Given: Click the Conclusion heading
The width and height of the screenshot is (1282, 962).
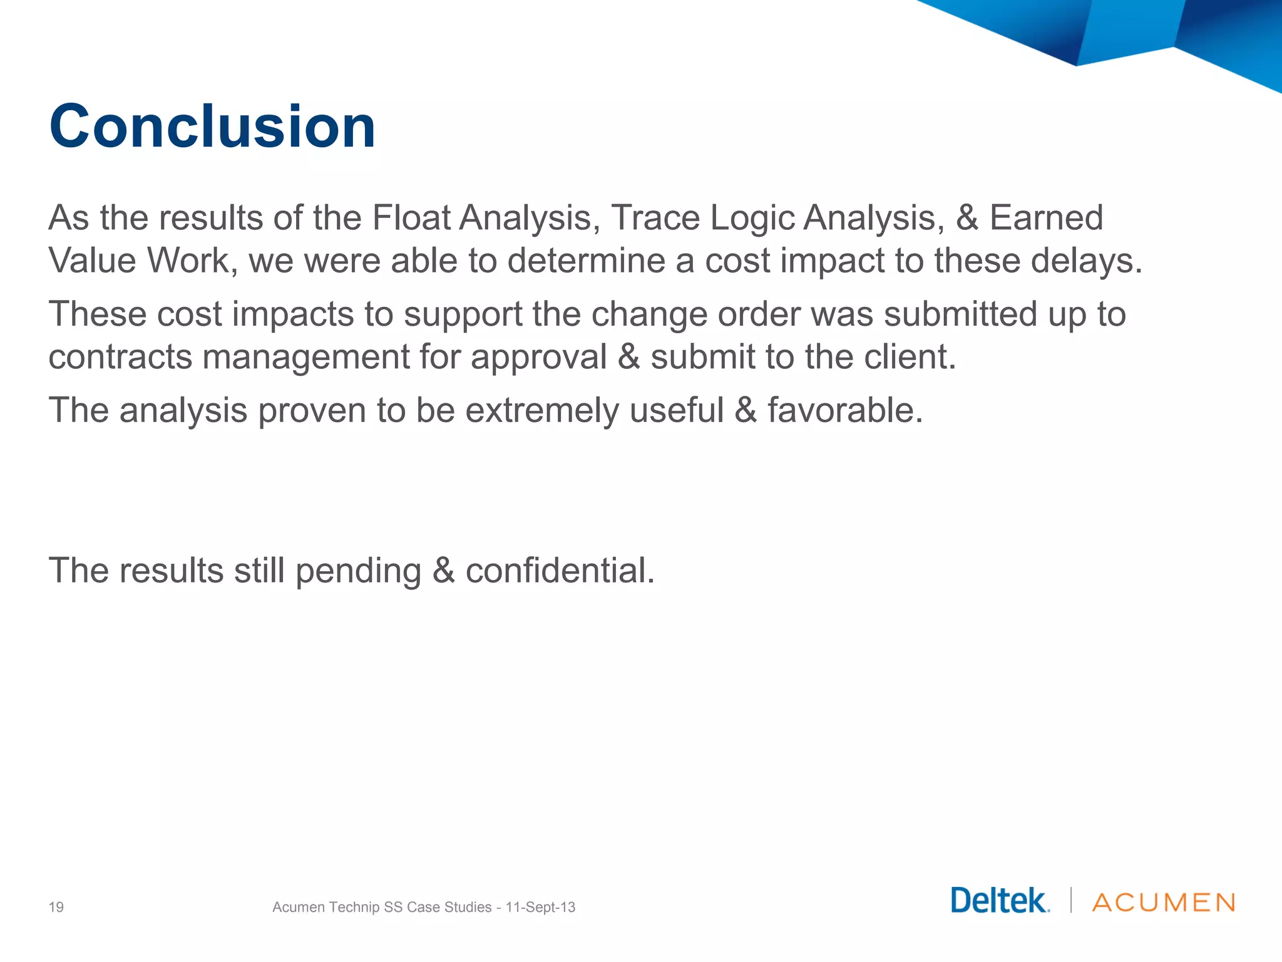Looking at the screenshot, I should (212, 127).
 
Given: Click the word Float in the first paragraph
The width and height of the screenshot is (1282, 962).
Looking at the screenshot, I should (411, 218).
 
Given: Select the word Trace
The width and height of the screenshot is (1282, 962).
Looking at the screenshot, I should (655, 218).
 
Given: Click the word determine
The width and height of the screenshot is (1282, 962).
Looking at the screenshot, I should (586, 261).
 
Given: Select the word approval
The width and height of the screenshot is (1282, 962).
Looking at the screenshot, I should (538, 358).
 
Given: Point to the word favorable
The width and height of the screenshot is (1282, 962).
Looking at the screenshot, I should (845, 411).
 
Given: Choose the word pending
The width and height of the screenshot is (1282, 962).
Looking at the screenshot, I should (358, 571).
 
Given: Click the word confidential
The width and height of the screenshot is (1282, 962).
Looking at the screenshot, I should (560, 571).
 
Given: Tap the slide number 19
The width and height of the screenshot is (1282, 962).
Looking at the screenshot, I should (56, 907).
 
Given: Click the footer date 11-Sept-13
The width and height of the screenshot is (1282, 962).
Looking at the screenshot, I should (540, 907).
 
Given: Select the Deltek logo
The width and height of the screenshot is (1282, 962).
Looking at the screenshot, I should (1000, 901).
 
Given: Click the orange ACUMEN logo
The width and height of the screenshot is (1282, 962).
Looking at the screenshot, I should (1164, 903).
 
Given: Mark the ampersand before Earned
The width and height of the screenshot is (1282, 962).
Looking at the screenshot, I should (967, 218).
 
